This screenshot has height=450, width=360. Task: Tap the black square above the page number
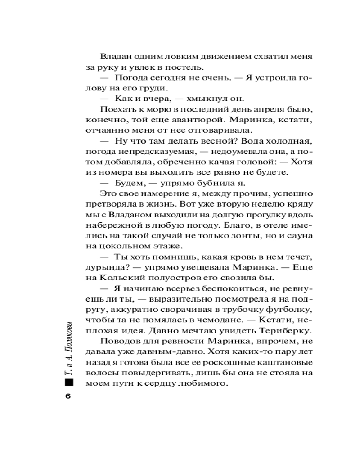(68, 382)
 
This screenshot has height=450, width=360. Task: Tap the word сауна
(297, 236)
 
